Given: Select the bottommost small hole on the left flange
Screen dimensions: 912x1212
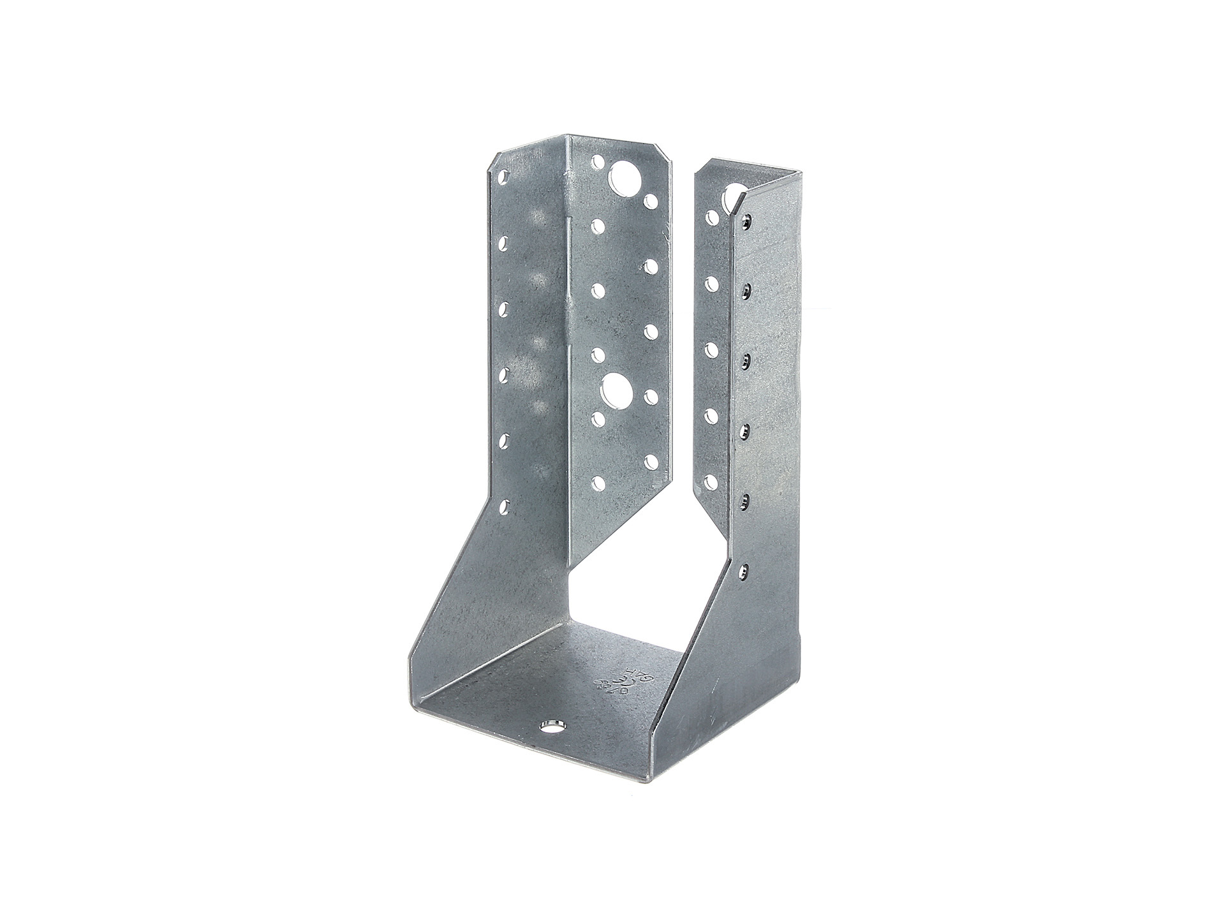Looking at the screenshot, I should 598,483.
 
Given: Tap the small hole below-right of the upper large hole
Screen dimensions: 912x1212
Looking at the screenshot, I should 651,201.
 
